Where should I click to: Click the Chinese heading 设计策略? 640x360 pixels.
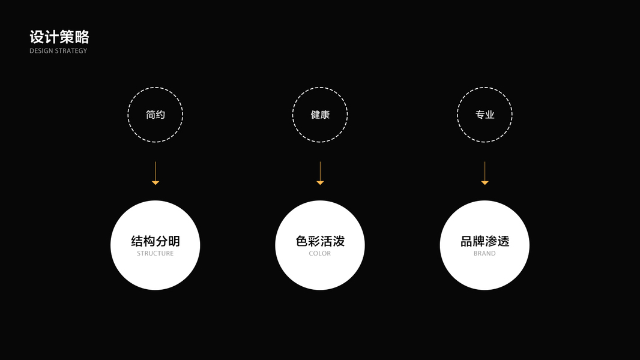click(59, 37)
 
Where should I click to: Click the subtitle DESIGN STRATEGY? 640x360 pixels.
click(58, 51)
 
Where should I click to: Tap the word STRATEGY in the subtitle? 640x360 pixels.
click(71, 51)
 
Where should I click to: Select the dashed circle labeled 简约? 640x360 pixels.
click(155, 115)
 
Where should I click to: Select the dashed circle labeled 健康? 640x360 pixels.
click(320, 115)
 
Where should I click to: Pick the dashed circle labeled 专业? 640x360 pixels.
click(485, 115)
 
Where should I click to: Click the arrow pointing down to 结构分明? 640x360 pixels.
click(155, 172)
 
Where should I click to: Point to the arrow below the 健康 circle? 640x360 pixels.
click(320, 172)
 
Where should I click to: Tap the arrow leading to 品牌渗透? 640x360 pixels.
click(485, 172)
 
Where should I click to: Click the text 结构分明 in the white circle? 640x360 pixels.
click(155, 241)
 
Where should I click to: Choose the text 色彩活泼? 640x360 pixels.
click(320, 241)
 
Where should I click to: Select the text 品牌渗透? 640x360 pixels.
click(485, 241)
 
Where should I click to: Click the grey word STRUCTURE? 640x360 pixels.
click(155, 254)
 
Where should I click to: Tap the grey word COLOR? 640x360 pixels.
click(320, 254)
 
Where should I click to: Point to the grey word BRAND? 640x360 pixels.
click(485, 254)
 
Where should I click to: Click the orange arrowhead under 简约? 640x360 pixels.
click(155, 182)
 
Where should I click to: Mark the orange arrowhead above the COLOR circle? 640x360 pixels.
click(320, 182)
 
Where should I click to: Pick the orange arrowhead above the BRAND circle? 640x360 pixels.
click(485, 182)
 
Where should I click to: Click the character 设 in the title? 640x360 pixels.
click(37, 37)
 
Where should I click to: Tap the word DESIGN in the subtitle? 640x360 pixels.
click(41, 51)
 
